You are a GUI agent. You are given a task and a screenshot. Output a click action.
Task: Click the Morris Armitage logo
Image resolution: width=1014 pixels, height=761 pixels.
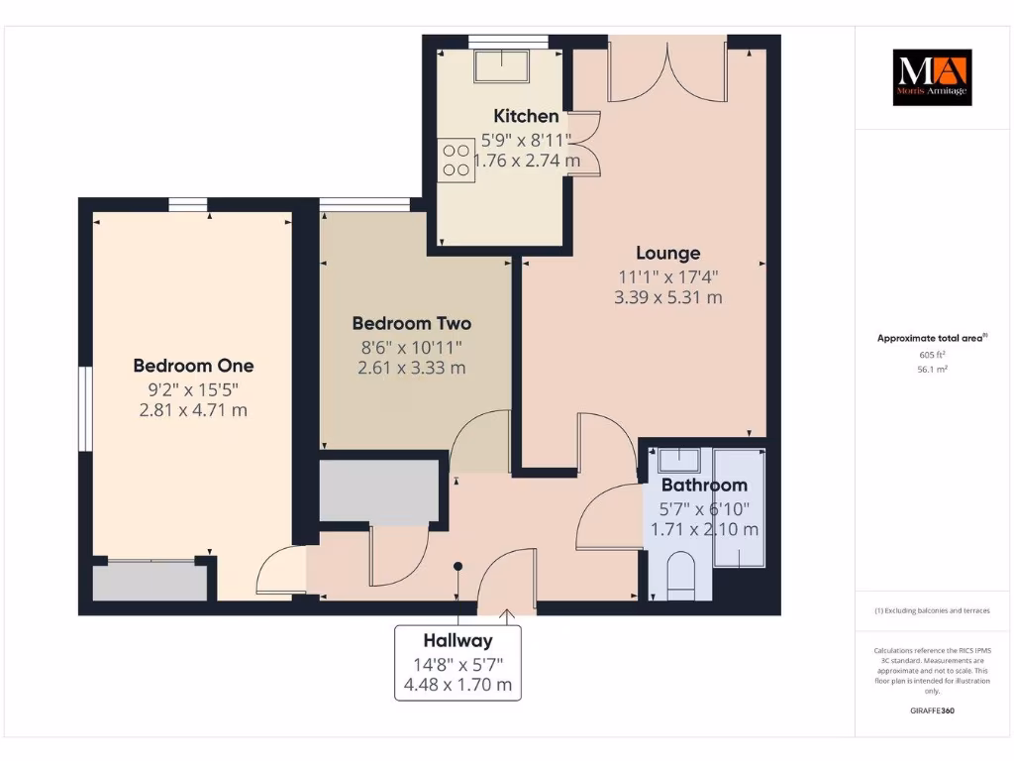coord(932,77)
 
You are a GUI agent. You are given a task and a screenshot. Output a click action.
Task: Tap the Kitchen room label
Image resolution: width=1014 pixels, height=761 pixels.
coord(526,116)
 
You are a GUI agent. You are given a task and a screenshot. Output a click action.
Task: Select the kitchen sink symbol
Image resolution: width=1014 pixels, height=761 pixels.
coord(501,65)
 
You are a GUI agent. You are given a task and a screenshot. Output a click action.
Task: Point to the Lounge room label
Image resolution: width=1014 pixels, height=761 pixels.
coord(667,254)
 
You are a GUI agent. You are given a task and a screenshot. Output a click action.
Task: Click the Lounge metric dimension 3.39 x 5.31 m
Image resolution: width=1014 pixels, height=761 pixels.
coord(667,296)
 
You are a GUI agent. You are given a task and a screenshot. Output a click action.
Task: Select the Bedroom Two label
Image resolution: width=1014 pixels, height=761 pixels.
coord(411,323)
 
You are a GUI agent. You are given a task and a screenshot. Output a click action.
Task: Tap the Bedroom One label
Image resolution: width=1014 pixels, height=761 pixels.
coord(193,366)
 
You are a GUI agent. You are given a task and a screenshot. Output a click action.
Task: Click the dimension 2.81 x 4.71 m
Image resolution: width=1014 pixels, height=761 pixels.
coord(193,409)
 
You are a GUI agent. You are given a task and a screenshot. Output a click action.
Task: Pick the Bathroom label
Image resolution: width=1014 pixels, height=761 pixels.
coord(704,485)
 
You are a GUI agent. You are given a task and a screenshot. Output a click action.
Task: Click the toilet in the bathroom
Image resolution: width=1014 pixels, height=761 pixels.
coord(682,577)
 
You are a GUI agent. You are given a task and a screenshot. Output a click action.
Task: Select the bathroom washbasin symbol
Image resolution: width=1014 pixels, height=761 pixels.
coord(679,460)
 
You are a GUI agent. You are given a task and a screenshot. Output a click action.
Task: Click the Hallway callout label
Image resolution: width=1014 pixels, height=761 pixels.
coord(457,641)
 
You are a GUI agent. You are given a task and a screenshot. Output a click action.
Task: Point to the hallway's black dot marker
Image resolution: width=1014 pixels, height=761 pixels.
coord(457,567)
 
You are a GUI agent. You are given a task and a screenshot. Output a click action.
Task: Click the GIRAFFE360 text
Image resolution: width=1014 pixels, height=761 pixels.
coord(932,710)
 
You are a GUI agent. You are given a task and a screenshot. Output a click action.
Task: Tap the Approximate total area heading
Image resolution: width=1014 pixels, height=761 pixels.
coord(931,338)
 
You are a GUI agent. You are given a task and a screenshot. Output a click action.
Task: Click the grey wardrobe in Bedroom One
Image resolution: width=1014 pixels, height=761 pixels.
coord(150,583)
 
